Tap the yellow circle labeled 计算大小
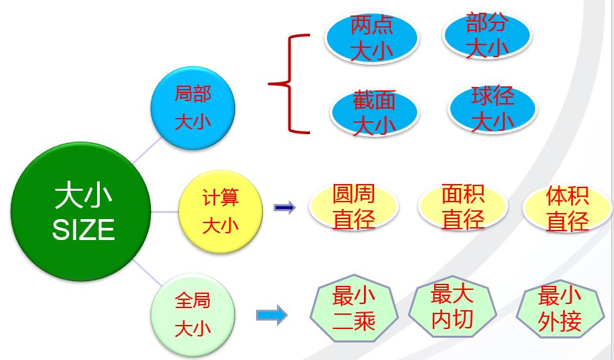[x=220, y=211]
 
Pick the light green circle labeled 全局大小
[x=193, y=314]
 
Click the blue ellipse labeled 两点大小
[x=371, y=39]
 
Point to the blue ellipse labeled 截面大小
[x=375, y=113]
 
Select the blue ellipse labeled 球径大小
[x=493, y=109]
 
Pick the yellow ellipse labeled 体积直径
[x=567, y=208]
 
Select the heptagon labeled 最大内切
[x=452, y=308]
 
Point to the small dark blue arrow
[x=284, y=208]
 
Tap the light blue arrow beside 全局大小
[x=272, y=315]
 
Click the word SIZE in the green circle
[x=84, y=231]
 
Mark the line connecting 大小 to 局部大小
[x=146, y=152]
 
